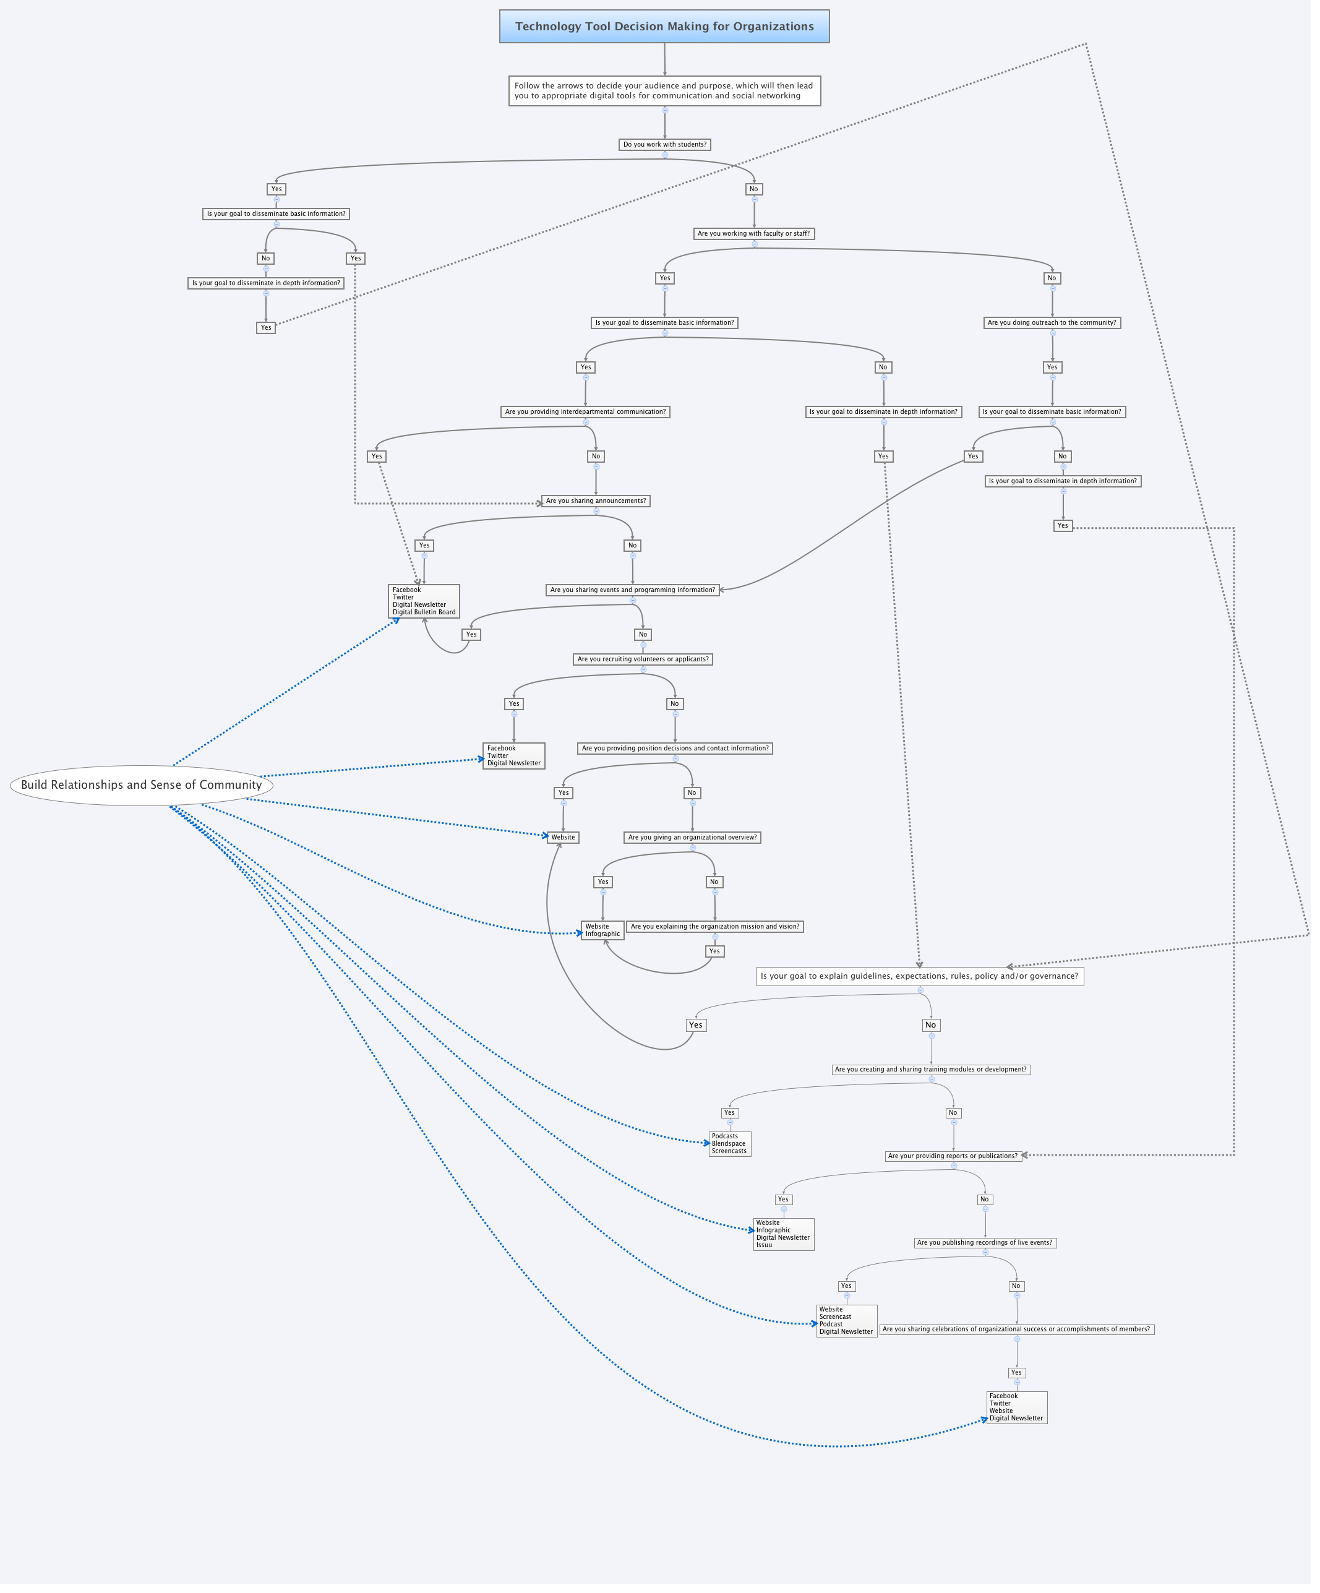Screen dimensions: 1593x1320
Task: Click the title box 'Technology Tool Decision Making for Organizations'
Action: (664, 27)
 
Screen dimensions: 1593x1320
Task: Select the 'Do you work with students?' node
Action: (664, 144)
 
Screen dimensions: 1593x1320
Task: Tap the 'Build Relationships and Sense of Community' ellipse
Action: (141, 785)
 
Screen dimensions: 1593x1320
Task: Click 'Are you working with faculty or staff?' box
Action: (753, 234)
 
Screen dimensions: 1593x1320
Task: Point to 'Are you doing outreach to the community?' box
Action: (1052, 322)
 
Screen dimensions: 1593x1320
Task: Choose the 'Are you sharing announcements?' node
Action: (596, 500)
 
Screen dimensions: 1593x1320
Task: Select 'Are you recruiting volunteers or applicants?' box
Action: (643, 659)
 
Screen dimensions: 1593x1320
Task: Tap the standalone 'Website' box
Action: (563, 838)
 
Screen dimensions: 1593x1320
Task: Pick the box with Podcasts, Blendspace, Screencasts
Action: (729, 1144)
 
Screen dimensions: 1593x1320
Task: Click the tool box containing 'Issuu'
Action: (783, 1234)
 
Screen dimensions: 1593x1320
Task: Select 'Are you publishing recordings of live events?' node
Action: (985, 1242)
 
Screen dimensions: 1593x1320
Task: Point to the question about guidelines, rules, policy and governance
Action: (919, 976)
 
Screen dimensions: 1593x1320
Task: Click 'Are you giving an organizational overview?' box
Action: (692, 838)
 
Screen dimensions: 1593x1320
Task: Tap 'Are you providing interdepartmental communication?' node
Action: (585, 412)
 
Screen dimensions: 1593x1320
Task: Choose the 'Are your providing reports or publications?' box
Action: (953, 1156)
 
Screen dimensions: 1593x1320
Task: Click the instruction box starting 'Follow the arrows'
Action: (664, 91)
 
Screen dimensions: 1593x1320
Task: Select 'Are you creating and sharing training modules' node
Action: (931, 1070)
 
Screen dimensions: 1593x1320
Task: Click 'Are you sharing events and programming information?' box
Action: (632, 590)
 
